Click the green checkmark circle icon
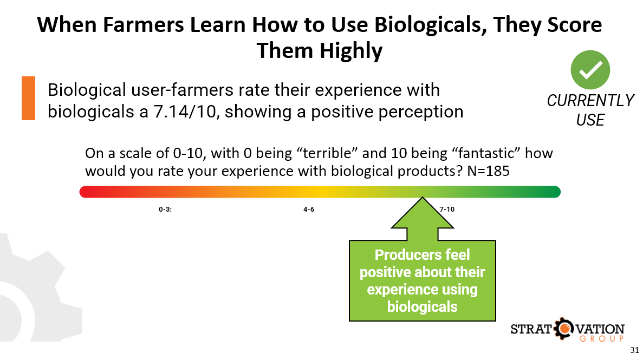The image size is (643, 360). point(590,70)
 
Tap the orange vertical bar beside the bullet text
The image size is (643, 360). point(28,98)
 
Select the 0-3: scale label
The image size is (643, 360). point(165,209)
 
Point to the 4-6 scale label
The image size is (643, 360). point(309,209)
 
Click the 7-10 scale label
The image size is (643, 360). point(447,209)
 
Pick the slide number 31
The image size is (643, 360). point(634,350)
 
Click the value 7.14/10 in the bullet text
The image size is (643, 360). point(185,112)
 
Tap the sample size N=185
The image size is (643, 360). point(488,171)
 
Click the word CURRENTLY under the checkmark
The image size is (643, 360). point(590,101)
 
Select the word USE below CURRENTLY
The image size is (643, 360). point(590,120)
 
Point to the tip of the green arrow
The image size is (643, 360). point(423,198)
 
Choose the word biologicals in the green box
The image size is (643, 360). point(423,306)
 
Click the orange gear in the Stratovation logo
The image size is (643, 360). point(564,329)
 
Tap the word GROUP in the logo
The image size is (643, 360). point(602,339)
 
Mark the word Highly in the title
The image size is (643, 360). point(350,51)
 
